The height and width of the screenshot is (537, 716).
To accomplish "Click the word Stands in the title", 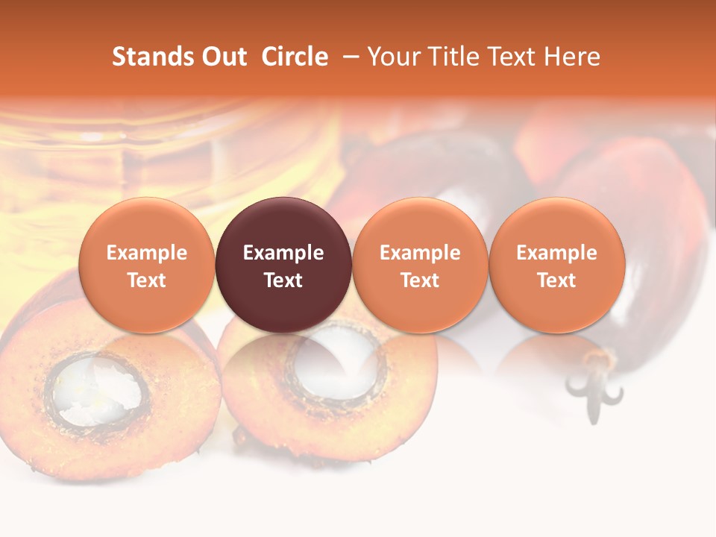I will pos(152,57).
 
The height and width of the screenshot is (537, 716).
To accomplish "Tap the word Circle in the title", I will pos(295,57).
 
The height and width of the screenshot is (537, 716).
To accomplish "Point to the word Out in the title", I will pos(223,57).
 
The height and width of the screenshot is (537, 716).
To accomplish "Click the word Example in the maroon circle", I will pos(283,253).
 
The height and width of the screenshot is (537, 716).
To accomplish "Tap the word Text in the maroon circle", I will pos(283,280).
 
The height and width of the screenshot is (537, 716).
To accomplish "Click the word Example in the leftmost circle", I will pos(147,253).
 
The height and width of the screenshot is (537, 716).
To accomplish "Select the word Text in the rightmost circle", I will pos(557,280).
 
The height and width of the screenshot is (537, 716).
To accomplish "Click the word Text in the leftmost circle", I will pos(147,280).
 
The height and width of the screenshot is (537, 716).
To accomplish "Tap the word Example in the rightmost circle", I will pos(557,253).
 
